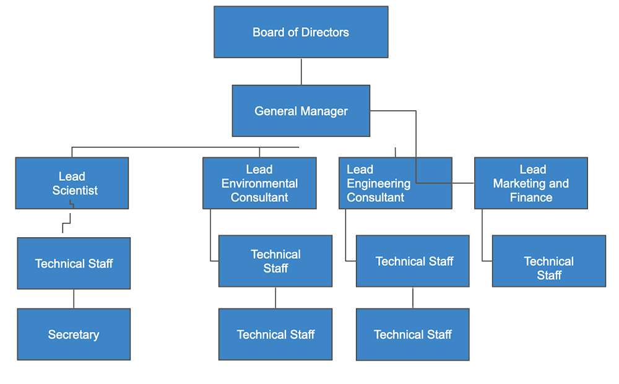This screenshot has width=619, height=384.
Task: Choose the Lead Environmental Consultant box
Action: tap(259, 183)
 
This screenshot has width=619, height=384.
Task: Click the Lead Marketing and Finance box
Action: tap(530, 183)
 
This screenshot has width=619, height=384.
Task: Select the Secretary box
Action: tap(74, 334)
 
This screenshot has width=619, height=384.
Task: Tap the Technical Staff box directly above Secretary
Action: tap(74, 263)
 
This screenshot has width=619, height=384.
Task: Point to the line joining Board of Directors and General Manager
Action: tap(301, 72)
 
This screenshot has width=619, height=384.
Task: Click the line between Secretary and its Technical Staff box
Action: tap(74, 299)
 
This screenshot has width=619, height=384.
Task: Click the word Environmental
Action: tap(259, 183)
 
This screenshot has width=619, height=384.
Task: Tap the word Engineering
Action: tap(378, 183)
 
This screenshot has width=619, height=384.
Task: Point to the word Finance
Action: tap(530, 198)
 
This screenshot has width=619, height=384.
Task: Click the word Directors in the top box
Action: tap(326, 32)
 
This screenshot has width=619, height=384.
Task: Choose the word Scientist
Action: tap(75, 190)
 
